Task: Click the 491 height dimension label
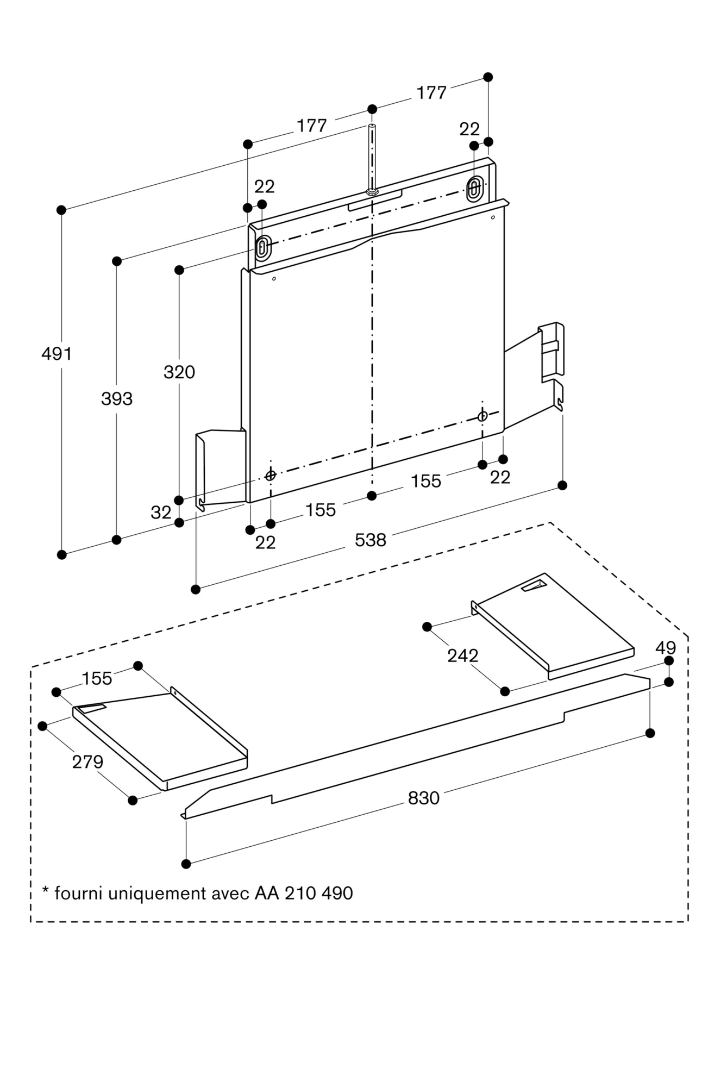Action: (x=57, y=354)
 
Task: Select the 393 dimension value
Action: (x=117, y=399)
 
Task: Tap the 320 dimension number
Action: (x=179, y=372)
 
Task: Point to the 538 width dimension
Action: (x=370, y=540)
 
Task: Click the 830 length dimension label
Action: (x=423, y=798)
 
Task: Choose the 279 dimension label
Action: (x=87, y=762)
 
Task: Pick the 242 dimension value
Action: (x=462, y=656)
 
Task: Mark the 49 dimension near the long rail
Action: (x=665, y=648)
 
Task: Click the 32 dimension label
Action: (x=161, y=512)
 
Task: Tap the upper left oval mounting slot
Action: (x=262, y=248)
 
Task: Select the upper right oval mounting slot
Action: (x=474, y=189)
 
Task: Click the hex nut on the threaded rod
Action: (x=372, y=191)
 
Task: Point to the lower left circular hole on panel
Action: (x=270, y=476)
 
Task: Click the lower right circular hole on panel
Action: (x=482, y=416)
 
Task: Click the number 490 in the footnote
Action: (x=336, y=893)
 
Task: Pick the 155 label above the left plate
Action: (x=97, y=678)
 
